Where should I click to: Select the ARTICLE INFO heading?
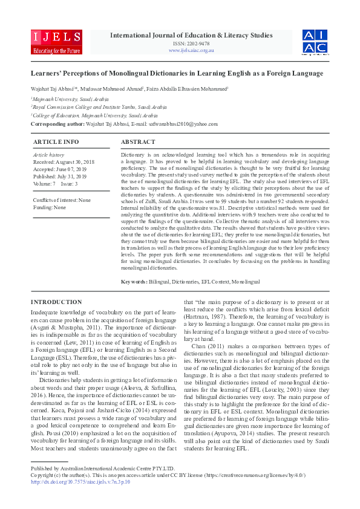pyautogui.click(x=56, y=141)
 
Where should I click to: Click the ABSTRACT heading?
pyautogui.click(x=138, y=141)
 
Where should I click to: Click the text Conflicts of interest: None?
pyautogui.click(x=62, y=200)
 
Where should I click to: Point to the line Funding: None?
pyautogui.click(x=50, y=207)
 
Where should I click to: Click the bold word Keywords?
pyautogui.click(x=134, y=282)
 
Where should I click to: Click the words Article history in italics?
pyautogui.click(x=48, y=155)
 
